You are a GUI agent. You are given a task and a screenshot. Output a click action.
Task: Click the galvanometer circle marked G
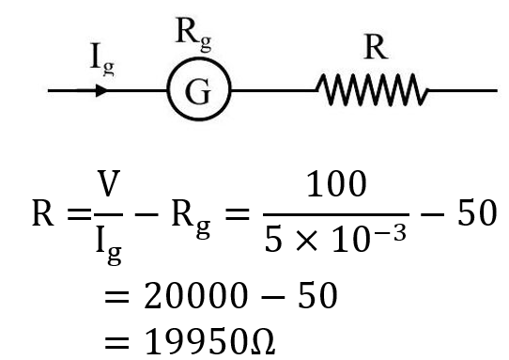click(x=198, y=92)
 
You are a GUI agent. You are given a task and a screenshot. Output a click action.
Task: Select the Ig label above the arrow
click(x=104, y=63)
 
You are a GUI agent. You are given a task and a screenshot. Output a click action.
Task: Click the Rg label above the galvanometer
click(x=195, y=33)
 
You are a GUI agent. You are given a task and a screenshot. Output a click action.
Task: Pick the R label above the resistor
click(x=376, y=49)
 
